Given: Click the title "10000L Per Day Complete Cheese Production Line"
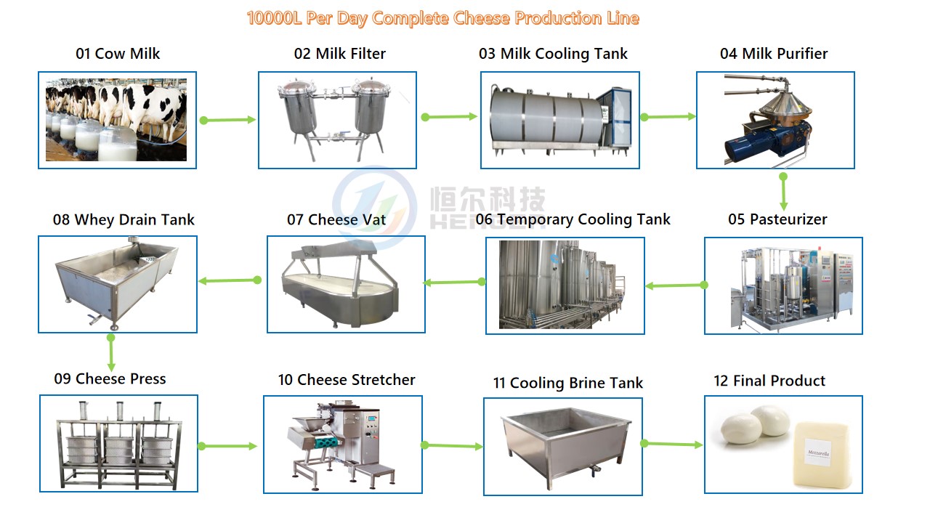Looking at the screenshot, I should click(442, 18).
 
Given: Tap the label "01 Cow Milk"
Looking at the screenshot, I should click(118, 54).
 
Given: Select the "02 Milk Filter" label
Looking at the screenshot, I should click(339, 54).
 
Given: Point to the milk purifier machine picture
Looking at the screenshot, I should click(775, 120).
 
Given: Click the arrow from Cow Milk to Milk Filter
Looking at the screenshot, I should click(228, 120).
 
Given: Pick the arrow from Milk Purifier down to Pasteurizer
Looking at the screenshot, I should click(783, 192).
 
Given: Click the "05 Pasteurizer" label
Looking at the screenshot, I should click(777, 219).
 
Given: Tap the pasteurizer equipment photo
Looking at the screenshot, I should click(783, 285).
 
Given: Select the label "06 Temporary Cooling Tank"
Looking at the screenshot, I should click(573, 219).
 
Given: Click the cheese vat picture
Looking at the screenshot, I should click(346, 284).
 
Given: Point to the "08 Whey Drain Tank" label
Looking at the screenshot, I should click(124, 219).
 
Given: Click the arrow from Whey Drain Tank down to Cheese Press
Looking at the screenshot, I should click(111, 353).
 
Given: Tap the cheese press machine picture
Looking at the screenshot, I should click(118, 443).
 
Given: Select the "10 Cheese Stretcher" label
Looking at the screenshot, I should click(347, 380).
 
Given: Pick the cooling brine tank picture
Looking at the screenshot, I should click(563, 445).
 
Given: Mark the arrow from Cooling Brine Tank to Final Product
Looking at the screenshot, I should click(671, 444).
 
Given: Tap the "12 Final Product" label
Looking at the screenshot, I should click(769, 381).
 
